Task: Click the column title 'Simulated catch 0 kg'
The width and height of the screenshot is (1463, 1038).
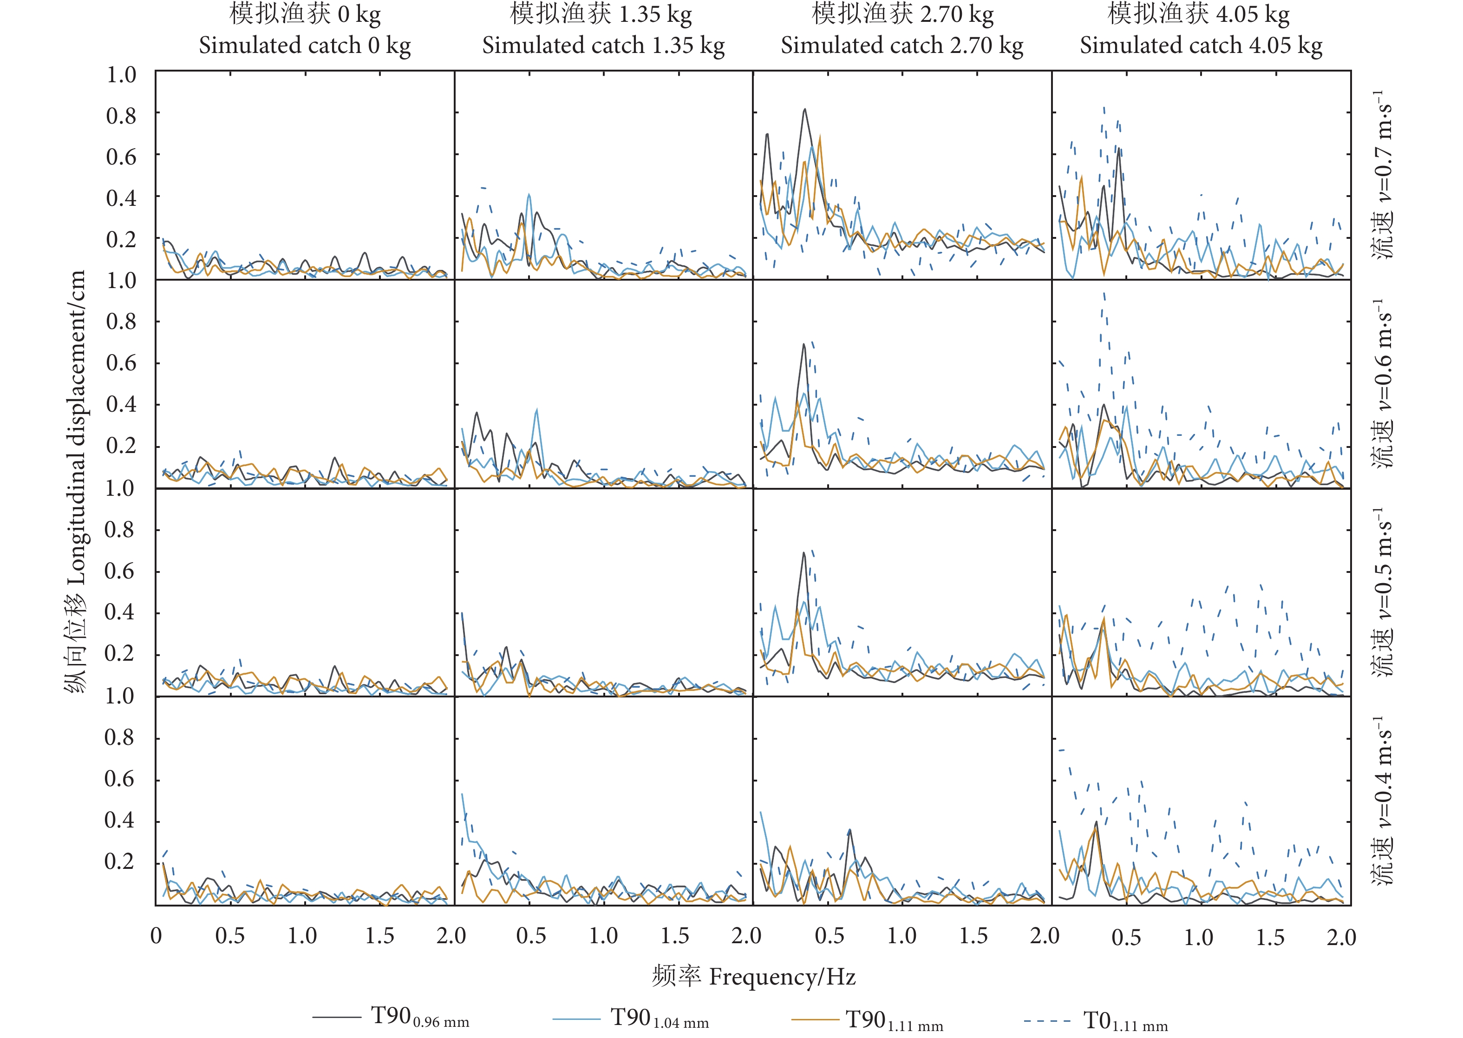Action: tap(305, 46)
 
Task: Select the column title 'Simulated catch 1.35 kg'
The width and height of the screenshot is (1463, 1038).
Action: tap(603, 46)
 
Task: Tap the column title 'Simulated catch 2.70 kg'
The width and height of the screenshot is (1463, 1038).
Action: tap(901, 46)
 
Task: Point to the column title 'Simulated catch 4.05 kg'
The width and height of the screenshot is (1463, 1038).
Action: tap(1201, 46)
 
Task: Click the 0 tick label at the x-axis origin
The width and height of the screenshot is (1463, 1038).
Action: tap(156, 936)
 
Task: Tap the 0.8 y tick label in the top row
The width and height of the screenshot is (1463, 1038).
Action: tap(121, 116)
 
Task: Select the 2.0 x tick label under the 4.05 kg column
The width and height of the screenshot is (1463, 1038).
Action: tap(1341, 937)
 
